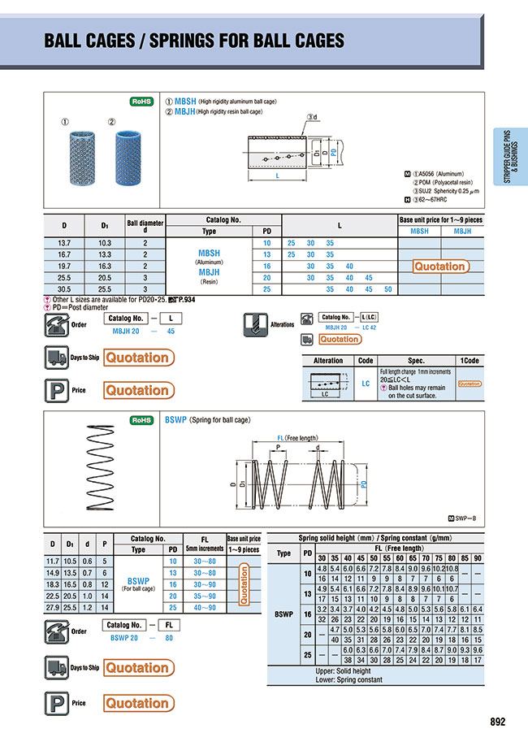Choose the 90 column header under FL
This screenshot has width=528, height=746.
tap(477, 557)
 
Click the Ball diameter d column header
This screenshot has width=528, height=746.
tap(145, 225)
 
